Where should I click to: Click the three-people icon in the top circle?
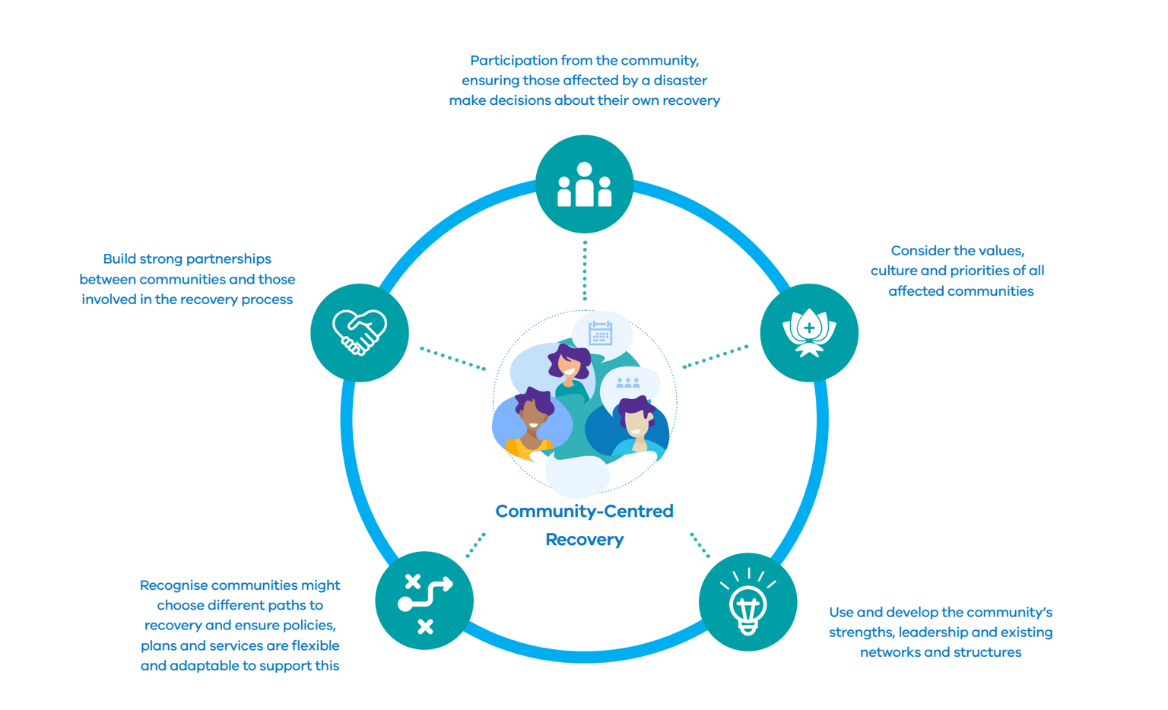[584, 185]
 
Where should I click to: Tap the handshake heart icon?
[360, 332]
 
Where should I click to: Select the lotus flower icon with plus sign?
[809, 332]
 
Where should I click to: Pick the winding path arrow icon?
[424, 601]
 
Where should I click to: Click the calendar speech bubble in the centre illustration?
[601, 333]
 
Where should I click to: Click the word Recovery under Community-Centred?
[584, 540]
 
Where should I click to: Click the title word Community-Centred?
[584, 512]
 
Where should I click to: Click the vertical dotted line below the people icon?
[585, 271]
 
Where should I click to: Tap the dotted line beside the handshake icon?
[452, 359]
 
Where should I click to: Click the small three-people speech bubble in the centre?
[628, 383]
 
